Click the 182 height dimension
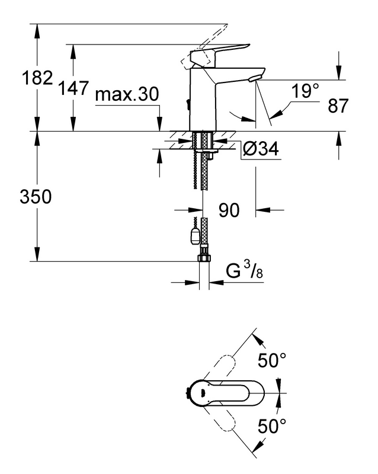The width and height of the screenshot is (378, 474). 37,77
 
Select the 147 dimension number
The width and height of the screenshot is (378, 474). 73,88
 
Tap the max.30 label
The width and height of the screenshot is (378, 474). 127,94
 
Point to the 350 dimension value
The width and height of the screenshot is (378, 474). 36,196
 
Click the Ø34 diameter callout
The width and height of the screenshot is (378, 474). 261,148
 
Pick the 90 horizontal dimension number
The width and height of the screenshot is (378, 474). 229,210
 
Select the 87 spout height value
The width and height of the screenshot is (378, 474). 338,106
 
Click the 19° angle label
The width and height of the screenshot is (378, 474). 305,91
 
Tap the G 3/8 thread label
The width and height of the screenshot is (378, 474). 245,270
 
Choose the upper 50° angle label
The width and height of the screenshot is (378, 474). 272,360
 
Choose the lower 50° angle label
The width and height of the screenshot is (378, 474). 272,426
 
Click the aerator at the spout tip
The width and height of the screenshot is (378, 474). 253,79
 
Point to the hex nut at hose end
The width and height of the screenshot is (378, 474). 204,259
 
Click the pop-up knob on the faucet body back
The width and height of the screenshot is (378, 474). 188,105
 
